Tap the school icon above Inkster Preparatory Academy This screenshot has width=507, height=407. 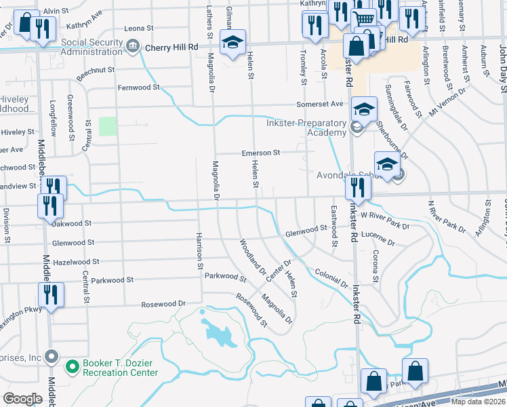coord(364,109)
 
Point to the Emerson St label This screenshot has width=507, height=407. coord(261,153)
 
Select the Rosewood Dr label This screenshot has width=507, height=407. coord(163,304)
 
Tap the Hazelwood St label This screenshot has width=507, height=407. coord(76,261)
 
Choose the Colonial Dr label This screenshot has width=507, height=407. coord(331,278)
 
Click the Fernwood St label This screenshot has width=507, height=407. coord(138,88)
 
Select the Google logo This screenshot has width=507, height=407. coord(22,398)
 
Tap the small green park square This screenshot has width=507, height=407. coord(108,126)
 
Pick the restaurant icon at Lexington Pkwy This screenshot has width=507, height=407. coord(51,295)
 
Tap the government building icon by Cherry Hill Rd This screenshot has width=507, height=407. coord(134,46)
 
